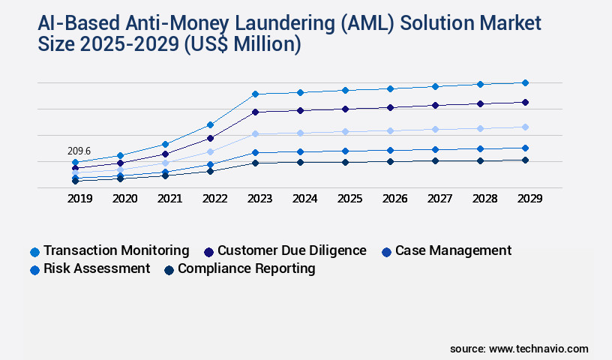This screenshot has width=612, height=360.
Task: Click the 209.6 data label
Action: click(x=79, y=151)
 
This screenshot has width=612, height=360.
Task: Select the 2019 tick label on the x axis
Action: click(x=79, y=199)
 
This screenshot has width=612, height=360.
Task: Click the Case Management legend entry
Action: click(x=447, y=250)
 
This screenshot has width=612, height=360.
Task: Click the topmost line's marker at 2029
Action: click(x=525, y=82)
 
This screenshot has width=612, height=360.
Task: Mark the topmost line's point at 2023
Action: click(x=255, y=94)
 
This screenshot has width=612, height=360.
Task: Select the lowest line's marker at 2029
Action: click(x=525, y=160)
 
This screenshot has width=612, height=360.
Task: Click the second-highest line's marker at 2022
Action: click(x=210, y=138)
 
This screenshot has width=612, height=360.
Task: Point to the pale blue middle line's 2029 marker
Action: click(x=525, y=127)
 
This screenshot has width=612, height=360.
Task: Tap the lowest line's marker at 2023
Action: click(x=255, y=163)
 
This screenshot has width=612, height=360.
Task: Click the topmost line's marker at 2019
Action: click(x=75, y=162)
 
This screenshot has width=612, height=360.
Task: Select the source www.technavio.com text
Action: click(x=519, y=349)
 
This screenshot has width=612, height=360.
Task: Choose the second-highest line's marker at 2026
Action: click(x=390, y=107)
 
